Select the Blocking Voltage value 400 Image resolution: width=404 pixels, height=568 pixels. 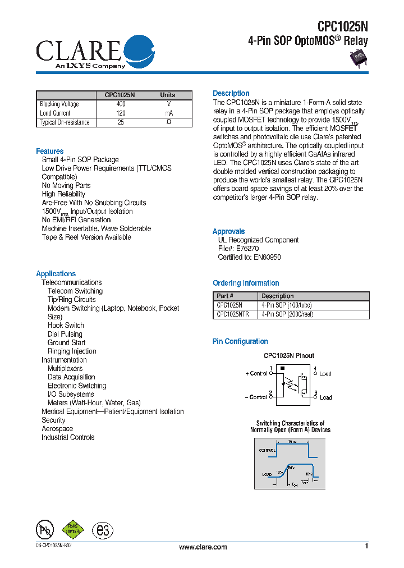[121, 104]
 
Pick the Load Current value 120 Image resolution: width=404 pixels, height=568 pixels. [121, 113]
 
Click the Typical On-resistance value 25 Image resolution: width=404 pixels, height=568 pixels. [121, 122]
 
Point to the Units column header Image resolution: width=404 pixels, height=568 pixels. [167, 95]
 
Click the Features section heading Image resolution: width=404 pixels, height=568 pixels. [50, 152]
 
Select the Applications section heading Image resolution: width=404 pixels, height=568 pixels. [56, 274]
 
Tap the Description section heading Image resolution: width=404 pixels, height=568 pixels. [231, 94]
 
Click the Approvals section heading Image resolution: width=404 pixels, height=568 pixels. [228, 232]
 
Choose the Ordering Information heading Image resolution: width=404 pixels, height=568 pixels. [246, 283]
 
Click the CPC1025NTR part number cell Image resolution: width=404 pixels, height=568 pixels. [233, 315]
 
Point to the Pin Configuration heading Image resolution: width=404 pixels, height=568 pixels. [240, 342]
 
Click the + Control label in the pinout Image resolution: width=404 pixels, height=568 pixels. [256, 373]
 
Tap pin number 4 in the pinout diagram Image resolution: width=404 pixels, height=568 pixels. [315, 369]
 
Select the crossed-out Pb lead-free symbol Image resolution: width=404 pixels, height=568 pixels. [45, 530]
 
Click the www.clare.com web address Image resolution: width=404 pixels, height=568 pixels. [203, 547]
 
